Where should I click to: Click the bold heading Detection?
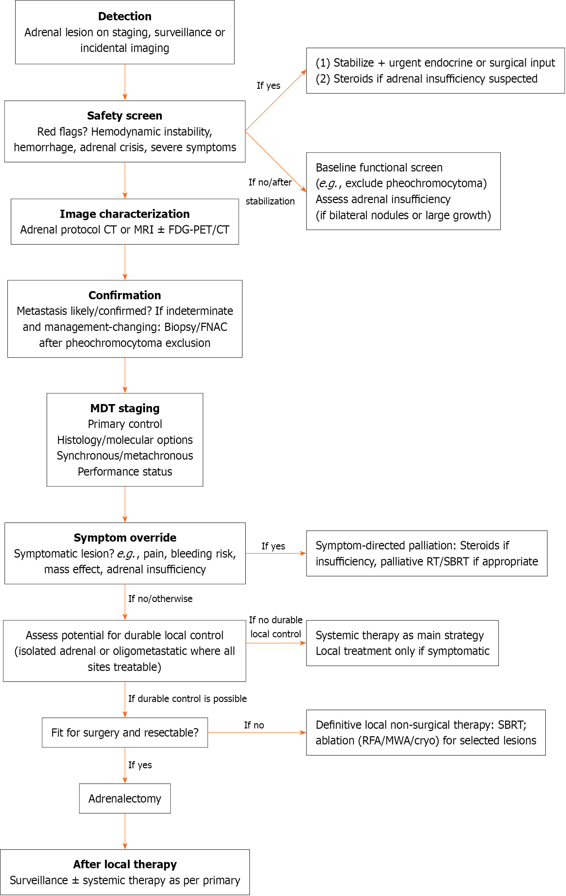[x=125, y=16]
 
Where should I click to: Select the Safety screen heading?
[x=125, y=116]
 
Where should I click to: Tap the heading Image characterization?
[x=125, y=214]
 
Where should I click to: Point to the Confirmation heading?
[x=125, y=295]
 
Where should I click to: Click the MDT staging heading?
[x=125, y=408]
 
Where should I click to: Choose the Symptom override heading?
[x=125, y=538]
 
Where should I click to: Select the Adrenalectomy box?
[x=125, y=799]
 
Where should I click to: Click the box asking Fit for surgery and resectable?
[x=125, y=732]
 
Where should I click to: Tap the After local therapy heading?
[x=125, y=864]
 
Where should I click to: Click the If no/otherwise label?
[x=160, y=599]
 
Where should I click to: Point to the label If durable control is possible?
[x=187, y=698]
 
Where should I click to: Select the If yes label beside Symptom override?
[x=273, y=546]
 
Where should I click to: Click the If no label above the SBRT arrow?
[x=254, y=725]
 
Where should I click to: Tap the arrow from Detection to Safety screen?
[x=125, y=82]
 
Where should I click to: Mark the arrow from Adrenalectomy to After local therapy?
[x=125, y=831]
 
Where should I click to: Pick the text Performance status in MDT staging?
[x=125, y=471]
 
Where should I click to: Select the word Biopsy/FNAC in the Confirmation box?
[x=196, y=327]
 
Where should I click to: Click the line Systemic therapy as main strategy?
[x=400, y=636]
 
